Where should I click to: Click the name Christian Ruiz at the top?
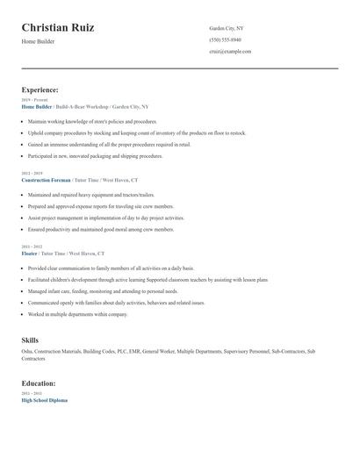click(58, 28)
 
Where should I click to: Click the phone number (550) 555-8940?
click(225, 39)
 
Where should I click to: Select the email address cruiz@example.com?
click(230, 51)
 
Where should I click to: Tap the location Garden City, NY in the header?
click(227, 28)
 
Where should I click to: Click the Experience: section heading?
click(40, 89)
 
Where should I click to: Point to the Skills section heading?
click(30, 340)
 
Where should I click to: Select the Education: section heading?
click(39, 383)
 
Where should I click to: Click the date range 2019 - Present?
click(34, 100)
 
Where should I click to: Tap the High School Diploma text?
click(44, 399)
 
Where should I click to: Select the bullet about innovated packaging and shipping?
click(95, 155)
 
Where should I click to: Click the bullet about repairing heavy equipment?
click(91, 195)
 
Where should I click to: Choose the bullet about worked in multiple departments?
click(77, 313)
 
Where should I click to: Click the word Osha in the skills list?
click(26, 352)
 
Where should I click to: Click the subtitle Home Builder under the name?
click(38, 41)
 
